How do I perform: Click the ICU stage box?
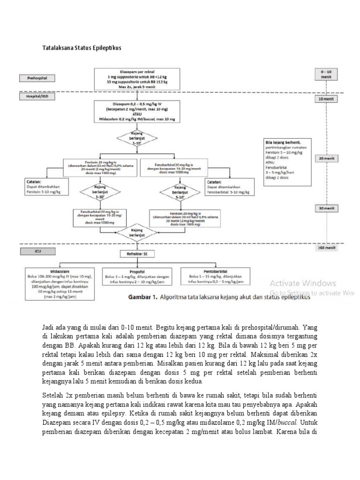37,251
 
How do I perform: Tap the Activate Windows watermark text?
302,283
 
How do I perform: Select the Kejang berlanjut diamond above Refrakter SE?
137,232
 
